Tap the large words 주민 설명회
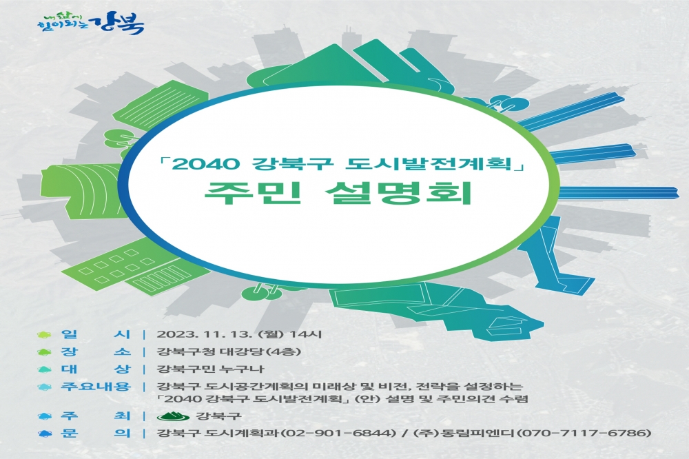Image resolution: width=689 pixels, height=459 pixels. point(338,192)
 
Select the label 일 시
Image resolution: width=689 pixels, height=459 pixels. point(96,334)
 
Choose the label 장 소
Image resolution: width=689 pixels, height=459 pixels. point(96,351)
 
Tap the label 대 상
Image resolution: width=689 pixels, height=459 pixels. point(96,369)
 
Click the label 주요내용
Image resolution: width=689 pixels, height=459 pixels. point(96,387)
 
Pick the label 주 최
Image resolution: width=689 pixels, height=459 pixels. point(96,416)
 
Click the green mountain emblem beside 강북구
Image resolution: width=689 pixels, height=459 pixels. point(173,416)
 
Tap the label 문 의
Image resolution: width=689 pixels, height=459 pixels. point(96,433)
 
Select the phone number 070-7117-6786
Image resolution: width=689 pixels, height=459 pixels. point(584,433)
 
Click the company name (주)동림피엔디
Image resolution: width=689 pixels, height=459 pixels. point(464,433)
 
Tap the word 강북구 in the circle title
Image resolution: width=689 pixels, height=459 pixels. point(291,165)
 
